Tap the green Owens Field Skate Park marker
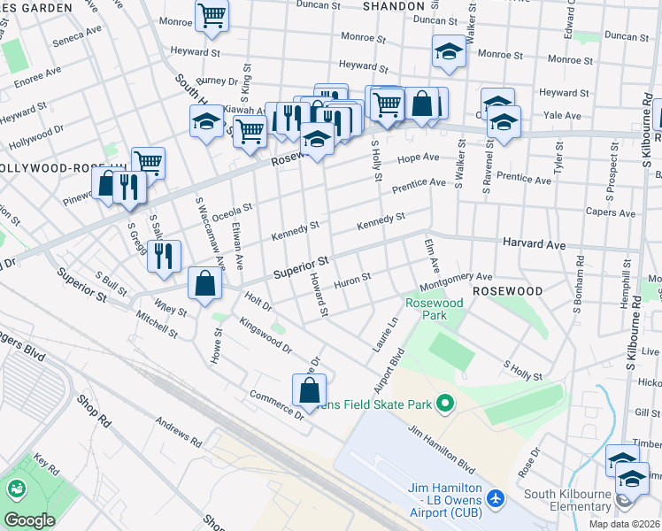(445, 404)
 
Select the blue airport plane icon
(495, 498)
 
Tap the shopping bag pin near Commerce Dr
(309, 389)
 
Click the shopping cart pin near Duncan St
(212, 15)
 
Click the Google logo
(29, 520)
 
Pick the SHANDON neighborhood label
(394, 6)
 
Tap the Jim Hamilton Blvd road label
(442, 444)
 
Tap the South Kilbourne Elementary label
(574, 501)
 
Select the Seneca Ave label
(78, 35)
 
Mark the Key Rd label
(45, 465)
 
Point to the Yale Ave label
(562, 115)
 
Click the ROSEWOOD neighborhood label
(507, 290)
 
